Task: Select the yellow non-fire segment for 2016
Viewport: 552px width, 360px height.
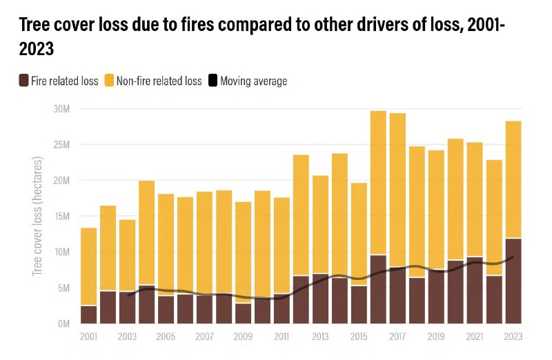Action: pos(378,183)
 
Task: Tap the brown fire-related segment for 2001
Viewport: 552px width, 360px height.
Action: pos(88,314)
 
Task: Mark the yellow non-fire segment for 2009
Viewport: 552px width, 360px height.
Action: pos(243,252)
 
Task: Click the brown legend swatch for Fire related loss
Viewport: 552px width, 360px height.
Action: pos(24,81)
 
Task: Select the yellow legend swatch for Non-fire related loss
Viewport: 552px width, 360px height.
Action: pos(109,81)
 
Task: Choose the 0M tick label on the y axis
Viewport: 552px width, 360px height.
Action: pos(63,323)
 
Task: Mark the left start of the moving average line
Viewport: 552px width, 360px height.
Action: pos(128,295)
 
